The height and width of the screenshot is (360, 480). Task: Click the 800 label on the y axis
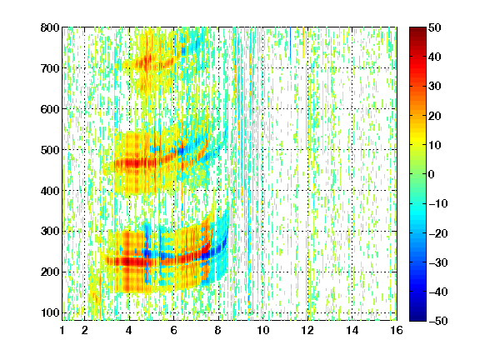tap(50, 27)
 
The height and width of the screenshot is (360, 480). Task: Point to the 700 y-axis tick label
tap(50, 68)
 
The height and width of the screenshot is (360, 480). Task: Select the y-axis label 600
tap(50, 109)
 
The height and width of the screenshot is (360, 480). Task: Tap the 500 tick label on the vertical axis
tap(50, 150)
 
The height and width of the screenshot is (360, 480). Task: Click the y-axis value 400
tap(50, 191)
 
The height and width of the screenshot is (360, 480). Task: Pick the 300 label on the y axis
tap(50, 231)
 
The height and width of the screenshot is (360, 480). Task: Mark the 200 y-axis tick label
tap(50, 272)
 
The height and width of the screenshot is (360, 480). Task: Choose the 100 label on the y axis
tap(50, 312)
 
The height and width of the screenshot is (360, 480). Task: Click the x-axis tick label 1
tap(62, 330)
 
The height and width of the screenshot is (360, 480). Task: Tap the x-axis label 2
tap(85, 330)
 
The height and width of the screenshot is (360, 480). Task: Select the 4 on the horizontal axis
tap(129, 330)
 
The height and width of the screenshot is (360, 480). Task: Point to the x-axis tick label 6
tap(173, 330)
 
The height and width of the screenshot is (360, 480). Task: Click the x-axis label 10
tap(263, 330)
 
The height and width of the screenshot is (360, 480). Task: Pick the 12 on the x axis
tap(307, 330)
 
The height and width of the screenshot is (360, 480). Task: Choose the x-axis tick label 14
tap(352, 330)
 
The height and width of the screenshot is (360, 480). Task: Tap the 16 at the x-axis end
tap(397, 330)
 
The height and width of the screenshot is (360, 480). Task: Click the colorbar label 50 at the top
tap(434, 27)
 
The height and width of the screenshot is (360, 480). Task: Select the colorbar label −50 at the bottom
tap(438, 321)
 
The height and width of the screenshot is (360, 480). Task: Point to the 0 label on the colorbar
tap(432, 174)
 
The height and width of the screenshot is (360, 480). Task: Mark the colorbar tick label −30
tap(438, 262)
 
